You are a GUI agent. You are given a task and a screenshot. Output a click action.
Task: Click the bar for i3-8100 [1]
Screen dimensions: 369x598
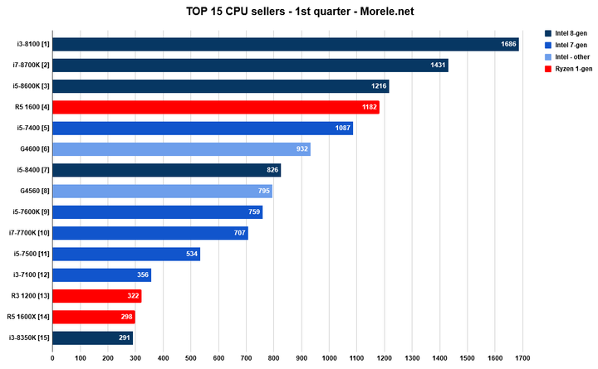click(285, 44)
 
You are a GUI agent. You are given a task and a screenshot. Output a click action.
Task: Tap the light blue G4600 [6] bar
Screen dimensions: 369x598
click(181, 149)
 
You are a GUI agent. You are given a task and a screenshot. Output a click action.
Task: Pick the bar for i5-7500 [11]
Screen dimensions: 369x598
click(125, 254)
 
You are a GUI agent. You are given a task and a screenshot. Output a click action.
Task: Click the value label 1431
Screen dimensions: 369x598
click(438, 66)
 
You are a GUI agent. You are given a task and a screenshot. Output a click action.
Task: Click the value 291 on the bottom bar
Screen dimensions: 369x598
click(122, 338)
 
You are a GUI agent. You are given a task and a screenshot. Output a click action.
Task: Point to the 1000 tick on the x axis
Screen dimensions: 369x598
click(329, 359)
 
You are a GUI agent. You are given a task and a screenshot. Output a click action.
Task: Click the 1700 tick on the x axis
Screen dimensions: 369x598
click(522, 359)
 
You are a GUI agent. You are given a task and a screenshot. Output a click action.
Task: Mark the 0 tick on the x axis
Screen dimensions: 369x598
click(52, 359)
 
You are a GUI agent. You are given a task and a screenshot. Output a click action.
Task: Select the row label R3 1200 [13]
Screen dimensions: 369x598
click(30, 296)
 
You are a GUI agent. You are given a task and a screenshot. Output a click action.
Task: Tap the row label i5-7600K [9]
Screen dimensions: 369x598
click(28, 212)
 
